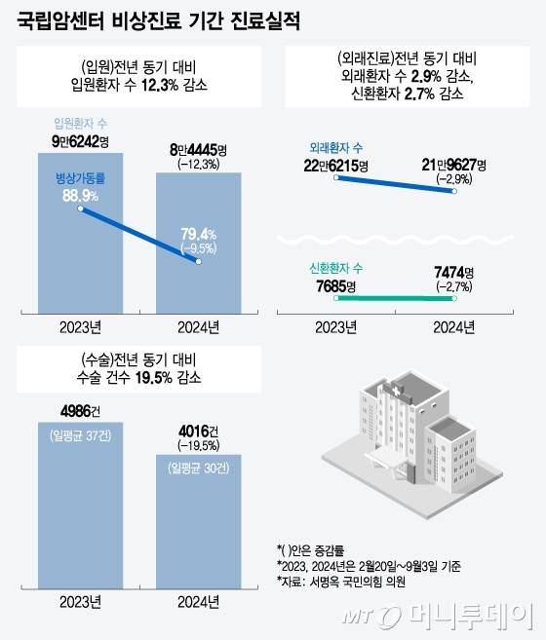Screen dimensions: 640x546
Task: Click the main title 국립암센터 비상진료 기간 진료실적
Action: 160,20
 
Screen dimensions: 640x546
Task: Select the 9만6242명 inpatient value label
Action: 77,141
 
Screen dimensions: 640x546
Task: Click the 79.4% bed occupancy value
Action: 198,234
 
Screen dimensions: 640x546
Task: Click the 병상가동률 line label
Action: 77,178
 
